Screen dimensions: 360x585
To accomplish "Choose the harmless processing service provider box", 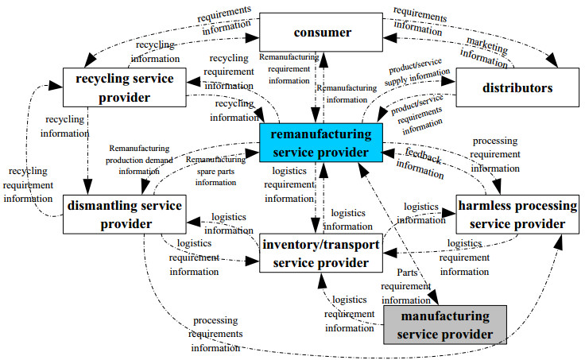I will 517,215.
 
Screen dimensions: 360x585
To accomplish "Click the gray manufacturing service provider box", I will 444,326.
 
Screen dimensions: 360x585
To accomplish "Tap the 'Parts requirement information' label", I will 405,286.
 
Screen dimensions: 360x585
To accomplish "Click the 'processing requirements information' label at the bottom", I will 215,334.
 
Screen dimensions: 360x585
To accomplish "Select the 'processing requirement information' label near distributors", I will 495,153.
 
